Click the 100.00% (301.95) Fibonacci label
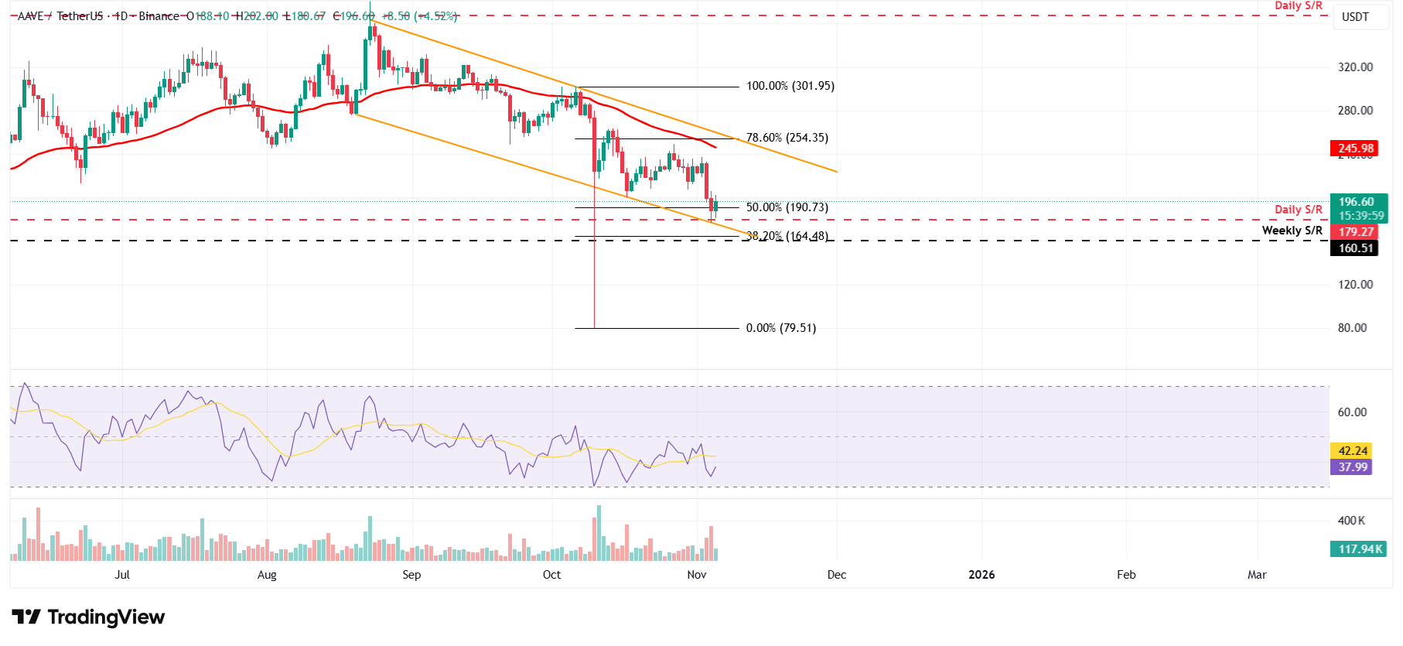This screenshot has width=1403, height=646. pyautogui.click(x=790, y=86)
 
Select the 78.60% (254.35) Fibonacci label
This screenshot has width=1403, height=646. pyautogui.click(x=787, y=138)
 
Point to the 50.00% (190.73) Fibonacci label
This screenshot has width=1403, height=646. pyautogui.click(x=787, y=207)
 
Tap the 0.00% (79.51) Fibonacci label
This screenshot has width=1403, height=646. pyautogui.click(x=780, y=328)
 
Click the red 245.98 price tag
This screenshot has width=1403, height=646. pyautogui.click(x=1356, y=149)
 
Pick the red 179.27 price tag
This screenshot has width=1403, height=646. pyautogui.click(x=1356, y=232)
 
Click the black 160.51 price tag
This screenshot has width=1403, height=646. pyautogui.click(x=1356, y=248)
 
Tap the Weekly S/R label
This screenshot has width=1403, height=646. pyautogui.click(x=1292, y=231)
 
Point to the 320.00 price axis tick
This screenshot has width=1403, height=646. pyautogui.click(x=1355, y=67)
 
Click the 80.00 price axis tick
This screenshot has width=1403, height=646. pyautogui.click(x=1352, y=328)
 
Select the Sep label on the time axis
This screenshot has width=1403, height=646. pyautogui.click(x=411, y=575)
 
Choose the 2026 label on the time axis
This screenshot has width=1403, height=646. pyautogui.click(x=981, y=575)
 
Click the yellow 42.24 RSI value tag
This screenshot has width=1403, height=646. pyautogui.click(x=1353, y=451)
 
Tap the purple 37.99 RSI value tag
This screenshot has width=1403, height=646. pyautogui.click(x=1353, y=467)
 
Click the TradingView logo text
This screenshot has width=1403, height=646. pyautogui.click(x=106, y=617)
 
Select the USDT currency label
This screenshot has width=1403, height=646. pyautogui.click(x=1355, y=17)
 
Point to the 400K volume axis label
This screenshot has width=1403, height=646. pyautogui.click(x=1351, y=521)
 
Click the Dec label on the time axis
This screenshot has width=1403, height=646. pyautogui.click(x=836, y=575)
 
